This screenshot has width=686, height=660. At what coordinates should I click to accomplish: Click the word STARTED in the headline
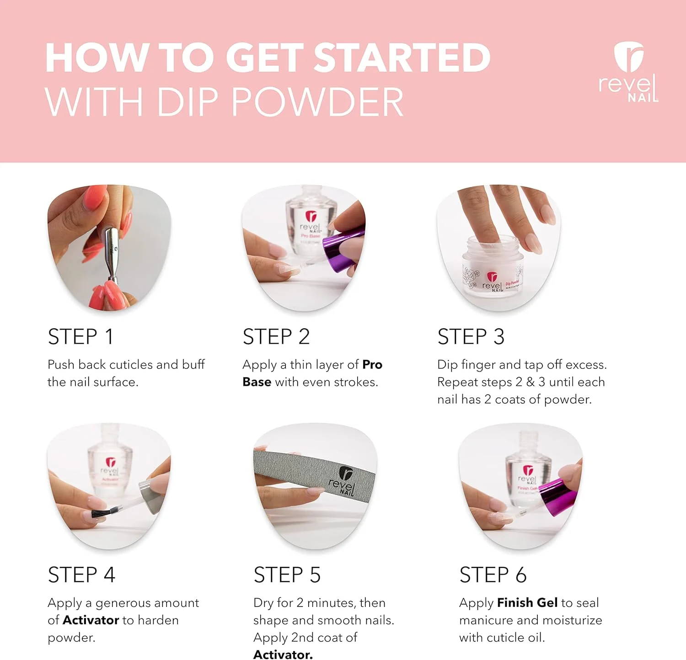[x=402, y=58]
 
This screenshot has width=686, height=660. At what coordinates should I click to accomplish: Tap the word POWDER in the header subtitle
[x=317, y=101]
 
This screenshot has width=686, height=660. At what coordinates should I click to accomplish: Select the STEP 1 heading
[x=80, y=337]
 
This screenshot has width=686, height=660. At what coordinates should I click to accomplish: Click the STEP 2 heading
[x=276, y=337]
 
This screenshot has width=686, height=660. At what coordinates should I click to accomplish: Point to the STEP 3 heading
[x=471, y=337]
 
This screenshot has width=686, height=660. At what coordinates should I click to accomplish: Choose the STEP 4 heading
[x=81, y=575]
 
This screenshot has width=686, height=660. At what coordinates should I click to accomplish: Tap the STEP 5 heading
[x=287, y=575]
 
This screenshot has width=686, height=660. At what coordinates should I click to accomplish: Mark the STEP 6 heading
[x=493, y=575]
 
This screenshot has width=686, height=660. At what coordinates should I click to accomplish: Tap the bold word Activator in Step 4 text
[x=91, y=620]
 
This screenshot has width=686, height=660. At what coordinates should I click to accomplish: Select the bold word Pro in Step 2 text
[x=372, y=365]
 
